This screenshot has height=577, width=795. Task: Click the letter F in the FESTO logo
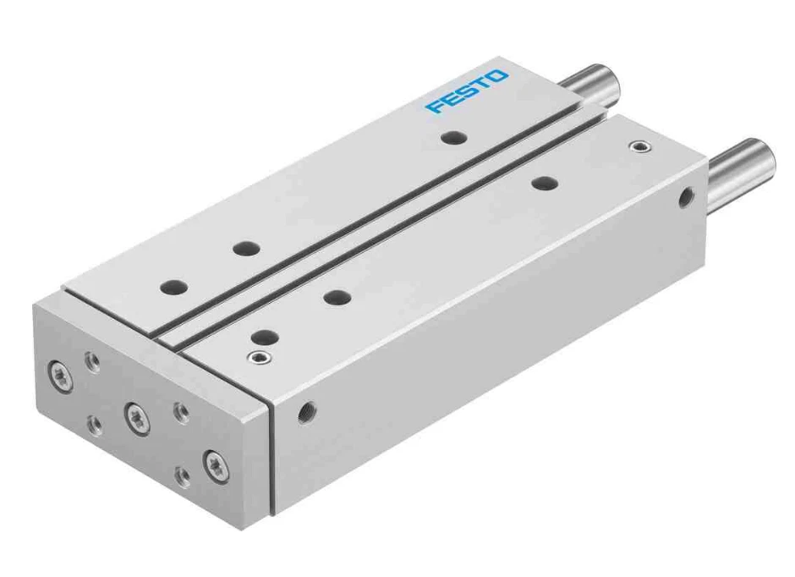pyautogui.click(x=434, y=107)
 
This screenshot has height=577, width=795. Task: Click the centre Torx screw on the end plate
pyautogui.click(x=135, y=416)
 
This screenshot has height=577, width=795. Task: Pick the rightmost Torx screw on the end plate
pyautogui.click(x=215, y=464)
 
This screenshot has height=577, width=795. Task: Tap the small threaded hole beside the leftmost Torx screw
pyautogui.click(x=93, y=363)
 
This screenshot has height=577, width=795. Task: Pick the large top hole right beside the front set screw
pyautogui.click(x=265, y=335)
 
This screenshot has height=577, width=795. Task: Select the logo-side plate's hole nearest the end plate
pyautogui.click(x=174, y=286)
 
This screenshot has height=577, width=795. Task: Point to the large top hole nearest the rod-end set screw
pyautogui.click(x=544, y=181)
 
